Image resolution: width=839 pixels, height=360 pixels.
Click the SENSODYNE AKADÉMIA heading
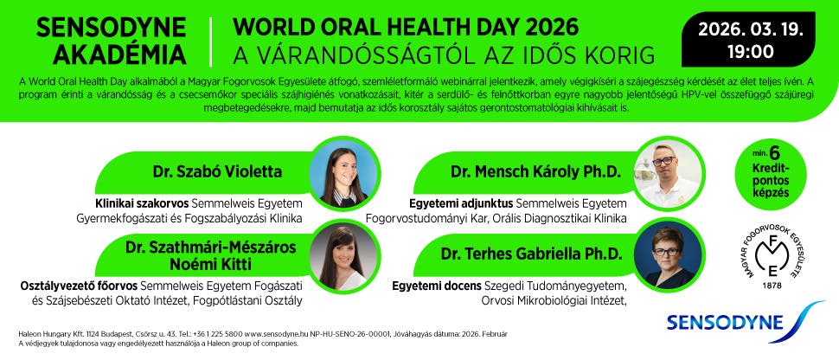[x=112, y=41]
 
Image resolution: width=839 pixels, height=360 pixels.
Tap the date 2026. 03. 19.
[x=750, y=29]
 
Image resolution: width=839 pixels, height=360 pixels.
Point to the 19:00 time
[x=750, y=52]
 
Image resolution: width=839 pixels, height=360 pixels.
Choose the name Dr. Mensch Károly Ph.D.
[x=535, y=172]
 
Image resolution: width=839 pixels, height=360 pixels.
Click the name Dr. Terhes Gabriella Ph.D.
[x=531, y=254]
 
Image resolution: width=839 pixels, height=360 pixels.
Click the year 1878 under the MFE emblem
[x=772, y=285]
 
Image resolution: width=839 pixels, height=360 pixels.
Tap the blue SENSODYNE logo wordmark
[x=726, y=322]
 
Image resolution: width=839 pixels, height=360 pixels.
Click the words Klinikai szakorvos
[x=142, y=204]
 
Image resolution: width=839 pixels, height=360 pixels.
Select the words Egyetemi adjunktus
[x=461, y=204]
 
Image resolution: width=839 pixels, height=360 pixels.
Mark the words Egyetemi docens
[x=437, y=286]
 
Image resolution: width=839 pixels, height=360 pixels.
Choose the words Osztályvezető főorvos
[x=80, y=286]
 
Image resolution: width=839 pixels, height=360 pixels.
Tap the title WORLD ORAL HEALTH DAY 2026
[x=407, y=27]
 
